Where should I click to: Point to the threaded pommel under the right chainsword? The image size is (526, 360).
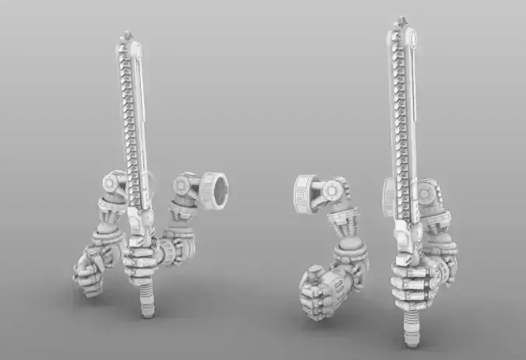(x=410, y=331)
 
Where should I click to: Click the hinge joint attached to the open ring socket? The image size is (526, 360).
(x=187, y=187)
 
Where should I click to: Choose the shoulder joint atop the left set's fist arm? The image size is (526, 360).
(x=111, y=184)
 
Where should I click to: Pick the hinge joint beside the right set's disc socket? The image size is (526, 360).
(x=335, y=190)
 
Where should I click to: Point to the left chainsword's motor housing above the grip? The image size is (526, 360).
(x=137, y=222)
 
